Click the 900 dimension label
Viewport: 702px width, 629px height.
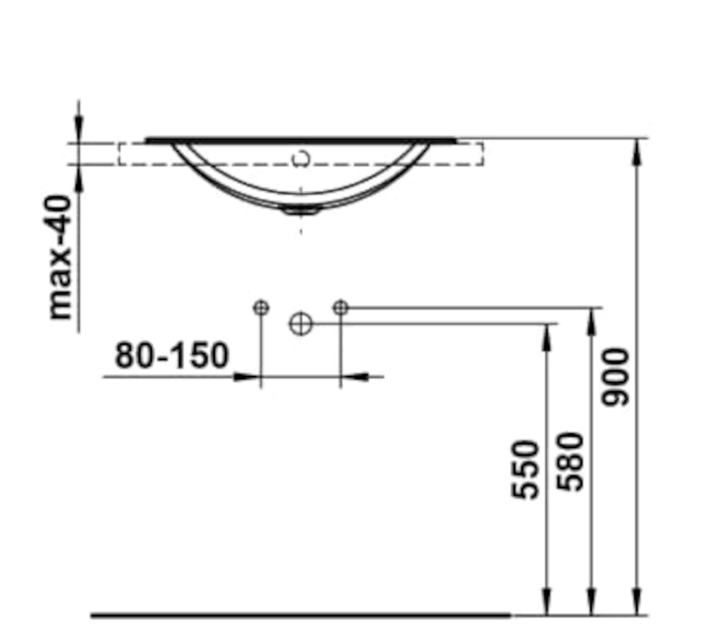[x=616, y=377]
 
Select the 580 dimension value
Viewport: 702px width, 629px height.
[x=570, y=461]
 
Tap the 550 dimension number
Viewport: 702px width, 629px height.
[x=524, y=470]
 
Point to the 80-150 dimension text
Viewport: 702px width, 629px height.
[x=172, y=355]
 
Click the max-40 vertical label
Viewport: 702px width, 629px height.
[x=60, y=257]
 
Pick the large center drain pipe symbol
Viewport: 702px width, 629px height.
[x=301, y=323]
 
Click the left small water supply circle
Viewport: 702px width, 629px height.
[x=261, y=308]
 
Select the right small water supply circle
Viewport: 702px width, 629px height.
[x=340, y=308]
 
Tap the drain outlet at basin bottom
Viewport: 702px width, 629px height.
[x=301, y=210]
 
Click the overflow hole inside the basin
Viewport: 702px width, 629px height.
[x=301, y=158]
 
